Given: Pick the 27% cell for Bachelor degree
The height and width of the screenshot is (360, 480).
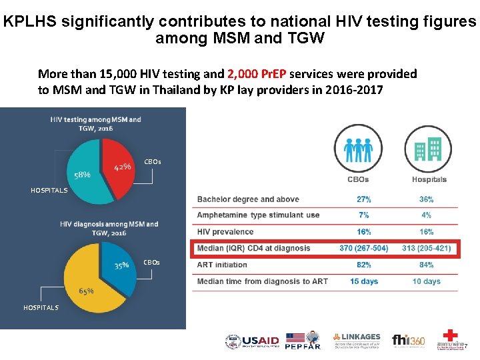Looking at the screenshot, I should coord(364,199).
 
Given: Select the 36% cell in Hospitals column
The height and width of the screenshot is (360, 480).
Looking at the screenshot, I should coord(427,199).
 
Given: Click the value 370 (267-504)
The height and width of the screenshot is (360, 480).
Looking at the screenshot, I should coord(363,248).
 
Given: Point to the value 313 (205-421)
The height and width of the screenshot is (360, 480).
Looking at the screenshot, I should coord(427,248).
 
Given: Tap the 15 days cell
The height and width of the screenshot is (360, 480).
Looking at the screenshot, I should coord(364,281).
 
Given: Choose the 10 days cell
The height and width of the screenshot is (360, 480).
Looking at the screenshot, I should coord(427,281).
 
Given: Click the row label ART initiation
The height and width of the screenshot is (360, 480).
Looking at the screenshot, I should coord(222,265).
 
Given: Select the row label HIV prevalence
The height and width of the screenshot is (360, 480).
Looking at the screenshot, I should coord(225,231).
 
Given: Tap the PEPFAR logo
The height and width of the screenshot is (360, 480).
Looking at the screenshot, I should coord(303,341).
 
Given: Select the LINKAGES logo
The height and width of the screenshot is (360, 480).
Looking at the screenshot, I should coord(357,341).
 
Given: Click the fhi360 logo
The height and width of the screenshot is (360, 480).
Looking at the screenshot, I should coord(409,341).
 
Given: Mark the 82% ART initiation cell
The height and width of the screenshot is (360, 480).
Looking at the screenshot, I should coord(364,265).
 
